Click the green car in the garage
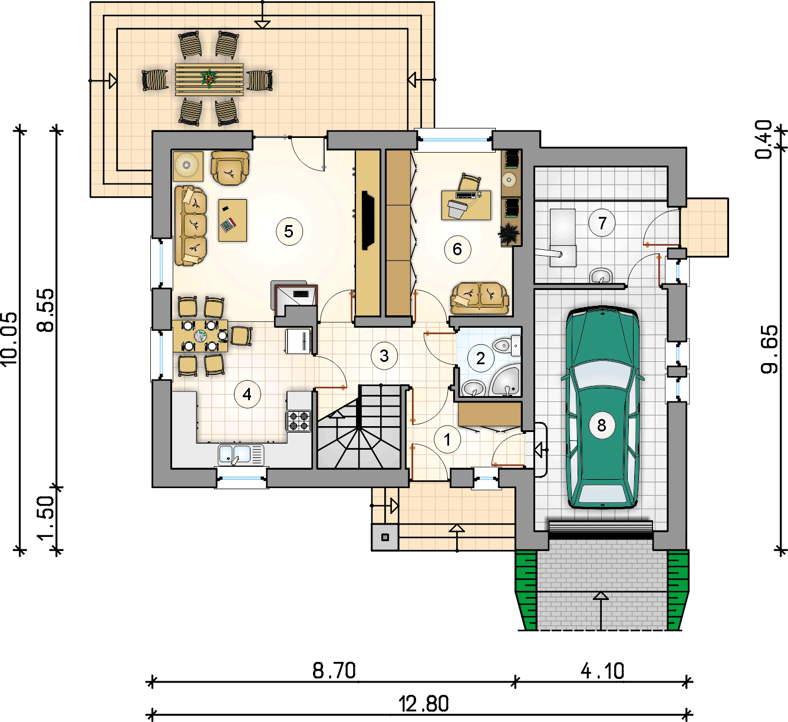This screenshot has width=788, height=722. (602, 407)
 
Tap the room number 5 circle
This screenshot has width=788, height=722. (289, 232)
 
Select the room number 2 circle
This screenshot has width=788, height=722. (480, 358)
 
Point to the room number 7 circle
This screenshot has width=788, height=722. (602, 223)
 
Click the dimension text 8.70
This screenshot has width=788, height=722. (334, 671)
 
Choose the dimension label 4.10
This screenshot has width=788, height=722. (602, 671)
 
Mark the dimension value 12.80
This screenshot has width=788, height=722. (424, 704)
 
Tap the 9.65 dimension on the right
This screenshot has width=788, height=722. (769, 350)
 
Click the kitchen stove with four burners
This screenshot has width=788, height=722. (299, 421)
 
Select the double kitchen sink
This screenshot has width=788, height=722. (241, 455)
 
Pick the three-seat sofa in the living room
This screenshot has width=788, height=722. (191, 226)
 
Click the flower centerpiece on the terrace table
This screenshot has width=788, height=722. (209, 78)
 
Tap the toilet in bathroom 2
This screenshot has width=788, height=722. (507, 346)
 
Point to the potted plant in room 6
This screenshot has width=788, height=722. (509, 234)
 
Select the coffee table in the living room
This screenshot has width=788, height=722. (233, 220)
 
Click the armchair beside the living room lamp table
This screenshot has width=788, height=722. (230, 168)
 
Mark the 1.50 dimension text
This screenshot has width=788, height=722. (47, 517)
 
